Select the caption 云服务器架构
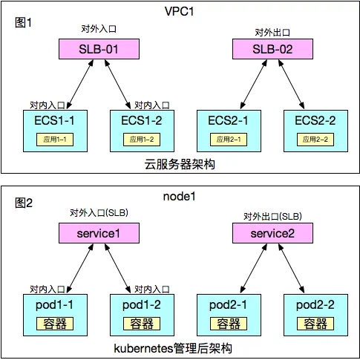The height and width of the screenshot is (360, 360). click(x=180, y=163)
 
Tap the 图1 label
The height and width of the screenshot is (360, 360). click(x=24, y=22)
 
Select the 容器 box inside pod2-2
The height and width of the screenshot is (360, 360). click(x=312, y=323)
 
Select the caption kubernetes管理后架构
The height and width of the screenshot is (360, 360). click(x=180, y=348)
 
